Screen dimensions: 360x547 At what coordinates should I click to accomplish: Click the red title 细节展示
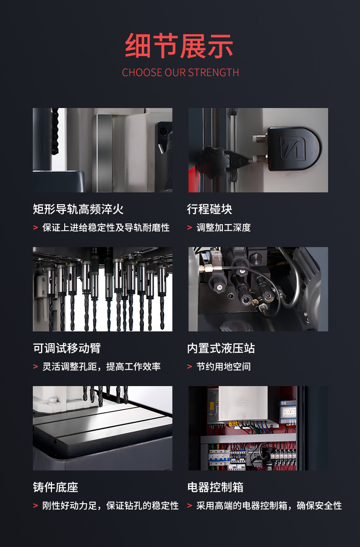(179, 46)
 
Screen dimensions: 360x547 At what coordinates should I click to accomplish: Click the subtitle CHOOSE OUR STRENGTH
(180, 72)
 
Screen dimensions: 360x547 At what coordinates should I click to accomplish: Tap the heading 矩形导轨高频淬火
(78, 209)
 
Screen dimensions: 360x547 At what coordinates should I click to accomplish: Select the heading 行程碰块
(210, 209)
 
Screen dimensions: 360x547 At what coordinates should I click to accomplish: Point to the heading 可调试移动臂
(67, 348)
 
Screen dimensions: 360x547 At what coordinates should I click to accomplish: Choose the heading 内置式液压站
(221, 348)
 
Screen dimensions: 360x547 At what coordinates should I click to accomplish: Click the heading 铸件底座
(56, 487)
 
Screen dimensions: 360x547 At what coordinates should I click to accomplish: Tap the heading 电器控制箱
(215, 487)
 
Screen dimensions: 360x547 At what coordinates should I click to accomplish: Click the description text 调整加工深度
(224, 227)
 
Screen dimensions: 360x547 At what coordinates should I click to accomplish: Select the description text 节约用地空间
(224, 366)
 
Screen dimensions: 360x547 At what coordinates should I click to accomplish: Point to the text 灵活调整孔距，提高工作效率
(102, 366)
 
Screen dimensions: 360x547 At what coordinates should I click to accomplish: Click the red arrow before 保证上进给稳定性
(36, 227)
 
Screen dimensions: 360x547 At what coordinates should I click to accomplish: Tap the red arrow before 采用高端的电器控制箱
(190, 506)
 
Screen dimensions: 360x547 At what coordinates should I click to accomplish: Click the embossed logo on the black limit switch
(293, 149)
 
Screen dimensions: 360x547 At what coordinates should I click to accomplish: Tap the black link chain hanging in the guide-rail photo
(55, 131)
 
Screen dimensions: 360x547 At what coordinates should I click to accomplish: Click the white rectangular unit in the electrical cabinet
(243, 404)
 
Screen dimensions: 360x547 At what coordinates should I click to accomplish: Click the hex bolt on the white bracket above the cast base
(51, 401)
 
